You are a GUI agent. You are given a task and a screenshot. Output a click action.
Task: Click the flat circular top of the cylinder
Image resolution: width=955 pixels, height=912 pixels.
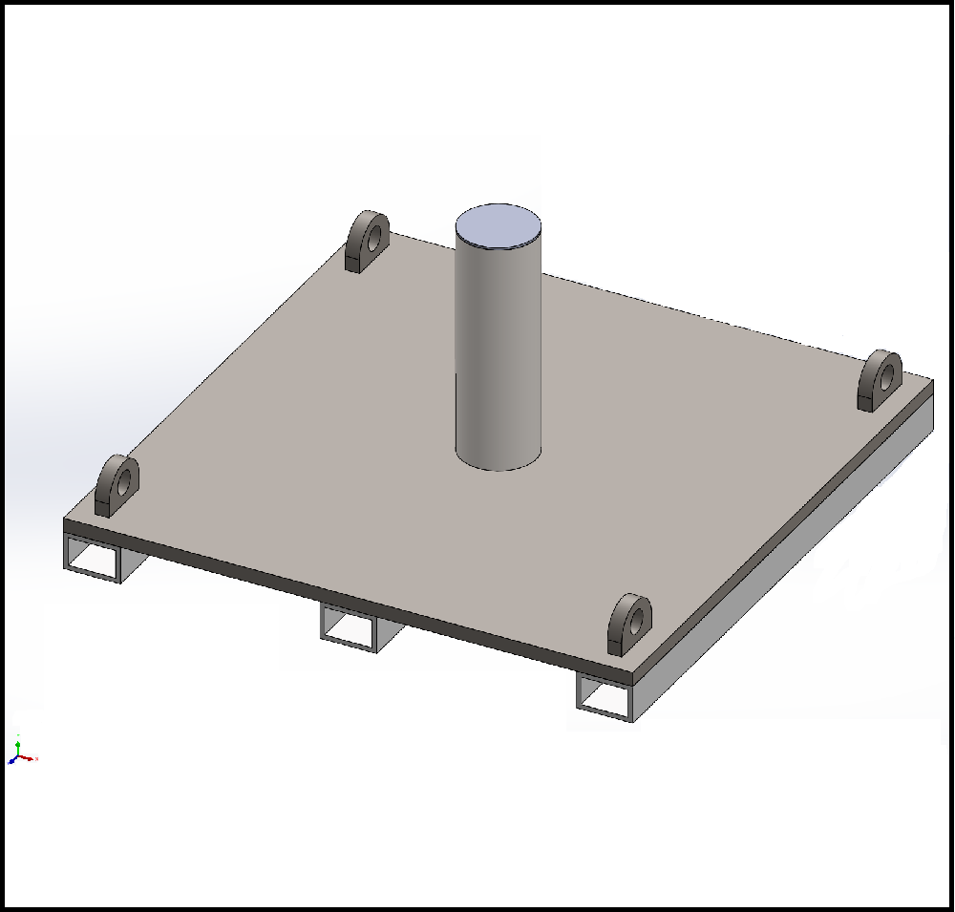pos(499,225)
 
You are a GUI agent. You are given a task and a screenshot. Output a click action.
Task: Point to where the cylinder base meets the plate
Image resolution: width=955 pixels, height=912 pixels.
pos(499,468)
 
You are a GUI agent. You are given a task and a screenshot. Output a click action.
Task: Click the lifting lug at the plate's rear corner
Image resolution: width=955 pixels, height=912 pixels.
pos(366,244)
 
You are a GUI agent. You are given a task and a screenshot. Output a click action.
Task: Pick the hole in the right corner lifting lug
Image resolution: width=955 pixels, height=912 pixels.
pos(886,371)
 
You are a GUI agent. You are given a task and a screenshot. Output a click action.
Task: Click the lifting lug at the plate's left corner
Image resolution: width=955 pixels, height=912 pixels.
pos(117,486)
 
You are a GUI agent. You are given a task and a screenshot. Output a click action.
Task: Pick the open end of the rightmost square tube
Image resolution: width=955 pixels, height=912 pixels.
pos(604,698)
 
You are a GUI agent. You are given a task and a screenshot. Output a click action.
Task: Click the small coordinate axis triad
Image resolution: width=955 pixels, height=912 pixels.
pos(20,753)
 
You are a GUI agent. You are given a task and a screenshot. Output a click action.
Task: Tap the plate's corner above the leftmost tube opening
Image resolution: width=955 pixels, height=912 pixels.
pos(66,523)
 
